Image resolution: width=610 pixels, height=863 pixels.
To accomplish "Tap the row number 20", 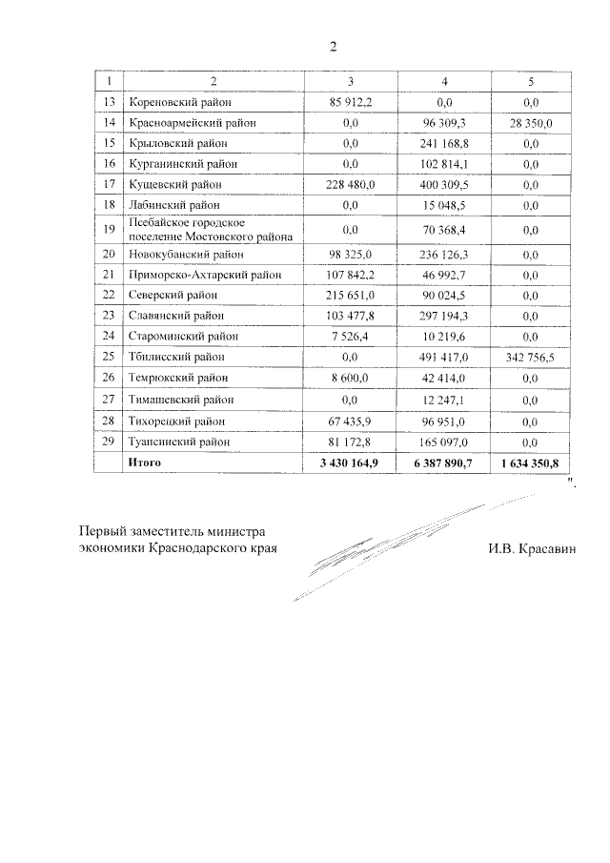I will pyautogui.click(x=109, y=256).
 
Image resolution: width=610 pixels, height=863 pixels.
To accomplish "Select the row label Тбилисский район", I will pyautogui.click(x=177, y=358).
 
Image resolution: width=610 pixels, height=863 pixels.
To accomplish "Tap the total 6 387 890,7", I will pyautogui.click(x=444, y=462).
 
